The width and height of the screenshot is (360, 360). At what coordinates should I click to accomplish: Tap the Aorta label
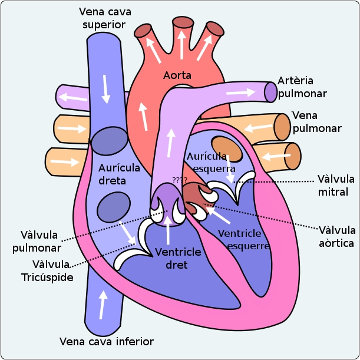pos(177,75)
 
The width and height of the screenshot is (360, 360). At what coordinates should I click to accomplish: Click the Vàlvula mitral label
pos(336,185)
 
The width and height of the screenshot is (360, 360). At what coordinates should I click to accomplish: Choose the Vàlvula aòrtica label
pos(337,236)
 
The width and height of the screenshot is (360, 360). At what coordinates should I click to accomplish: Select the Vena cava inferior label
pos(107,342)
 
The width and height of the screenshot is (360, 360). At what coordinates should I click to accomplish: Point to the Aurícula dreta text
pos(120,174)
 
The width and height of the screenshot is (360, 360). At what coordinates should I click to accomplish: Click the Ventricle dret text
pos(178,259)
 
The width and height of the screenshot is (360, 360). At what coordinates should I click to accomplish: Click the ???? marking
pos(179,179)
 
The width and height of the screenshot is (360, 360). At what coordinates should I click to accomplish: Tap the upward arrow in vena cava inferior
pos(104,305)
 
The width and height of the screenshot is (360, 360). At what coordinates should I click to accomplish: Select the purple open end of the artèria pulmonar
pos(270,91)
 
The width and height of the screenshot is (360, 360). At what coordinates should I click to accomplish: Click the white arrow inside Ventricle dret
pos(169,230)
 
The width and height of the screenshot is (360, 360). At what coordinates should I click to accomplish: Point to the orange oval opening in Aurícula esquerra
pos(227,149)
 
